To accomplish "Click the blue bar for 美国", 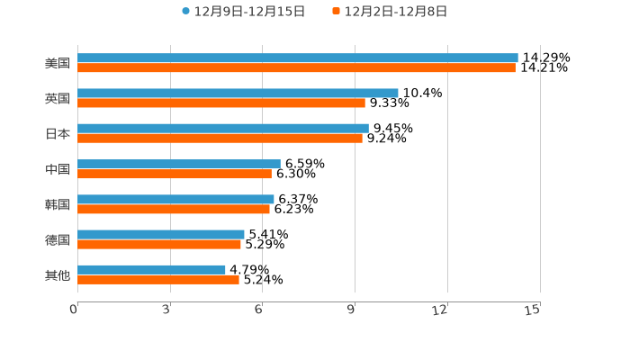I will coord(297,58).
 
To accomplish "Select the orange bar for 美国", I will coord(296,67).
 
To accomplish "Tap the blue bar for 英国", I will coord(238,93).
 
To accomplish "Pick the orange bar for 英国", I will coord(221,103).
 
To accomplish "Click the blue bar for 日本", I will coord(223,128).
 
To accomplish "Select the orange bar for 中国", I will coord(175,174).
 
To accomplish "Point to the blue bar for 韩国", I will coord(175,199).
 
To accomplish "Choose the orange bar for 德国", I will coord(159,244).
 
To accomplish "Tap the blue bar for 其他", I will coord(151,269).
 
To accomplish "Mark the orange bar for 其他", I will coord(158,279).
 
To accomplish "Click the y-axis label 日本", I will coord(58,133).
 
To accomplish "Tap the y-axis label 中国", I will coord(58,169).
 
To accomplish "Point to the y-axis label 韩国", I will coord(58,204).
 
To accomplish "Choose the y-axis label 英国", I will coord(58,98).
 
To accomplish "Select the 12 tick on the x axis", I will coord(440,310).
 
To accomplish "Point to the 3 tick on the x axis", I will coord(167,310).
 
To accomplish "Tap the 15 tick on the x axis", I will coord(533,310).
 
